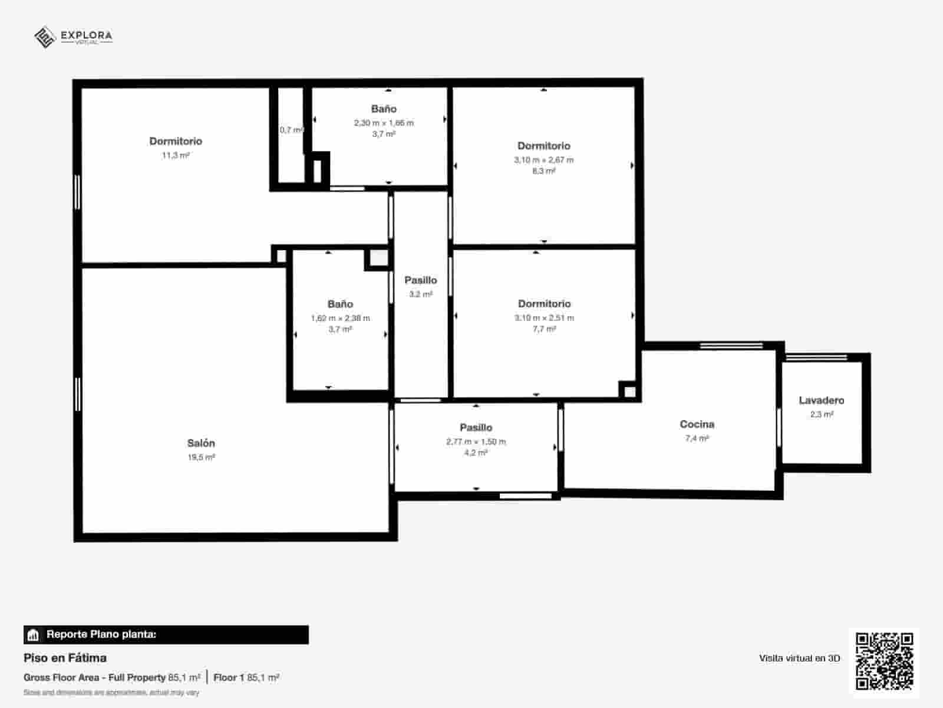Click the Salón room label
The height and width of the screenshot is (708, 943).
[201, 443]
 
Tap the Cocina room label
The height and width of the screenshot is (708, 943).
[697, 424]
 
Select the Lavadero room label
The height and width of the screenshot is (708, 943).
[821, 400]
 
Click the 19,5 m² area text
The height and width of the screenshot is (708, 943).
[201, 457]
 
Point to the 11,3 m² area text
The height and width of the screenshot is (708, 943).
[176, 155]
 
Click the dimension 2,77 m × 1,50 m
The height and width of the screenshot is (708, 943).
[476, 441]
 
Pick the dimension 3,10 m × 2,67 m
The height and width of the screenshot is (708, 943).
[543, 160]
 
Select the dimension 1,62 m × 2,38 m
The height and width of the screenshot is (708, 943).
[340, 318]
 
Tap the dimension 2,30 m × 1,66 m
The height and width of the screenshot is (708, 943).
[384, 123]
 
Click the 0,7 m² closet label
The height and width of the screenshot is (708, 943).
[291, 130]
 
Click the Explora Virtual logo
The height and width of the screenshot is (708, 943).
[73, 37]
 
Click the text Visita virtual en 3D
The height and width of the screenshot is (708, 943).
[799, 658]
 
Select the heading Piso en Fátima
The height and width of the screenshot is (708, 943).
[65, 657]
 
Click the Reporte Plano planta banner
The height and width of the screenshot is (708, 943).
[166, 634]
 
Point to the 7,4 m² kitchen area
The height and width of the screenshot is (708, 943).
[697, 438]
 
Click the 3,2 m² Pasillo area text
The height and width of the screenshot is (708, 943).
[421, 294]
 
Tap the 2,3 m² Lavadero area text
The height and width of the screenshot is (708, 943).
[821, 414]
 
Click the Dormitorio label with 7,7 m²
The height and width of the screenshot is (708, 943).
[544, 303]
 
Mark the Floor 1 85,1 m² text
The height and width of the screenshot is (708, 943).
[246, 677]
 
